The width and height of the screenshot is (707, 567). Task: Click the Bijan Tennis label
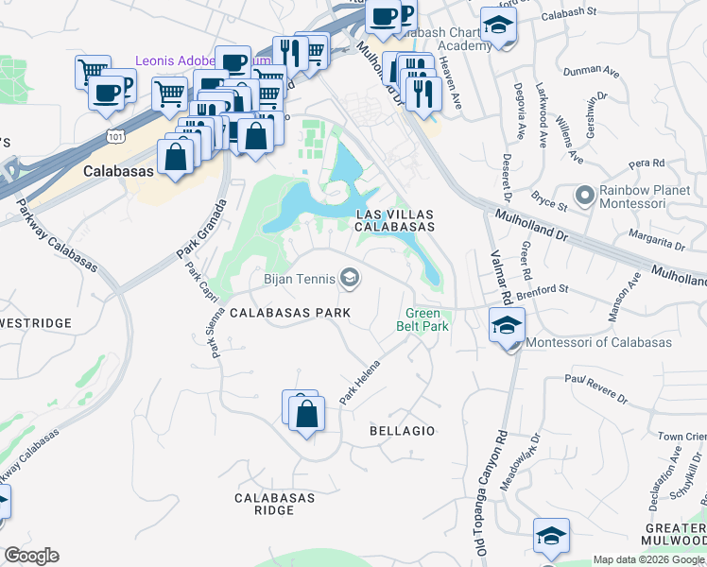(x=299, y=278)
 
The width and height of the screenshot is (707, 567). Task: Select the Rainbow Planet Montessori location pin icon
(x=585, y=196)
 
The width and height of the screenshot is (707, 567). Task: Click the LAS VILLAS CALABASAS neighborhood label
(x=395, y=220)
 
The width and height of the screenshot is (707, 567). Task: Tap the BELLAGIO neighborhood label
(x=402, y=431)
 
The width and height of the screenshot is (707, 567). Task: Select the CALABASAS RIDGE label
(x=265, y=504)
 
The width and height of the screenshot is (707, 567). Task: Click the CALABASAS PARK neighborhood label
(x=290, y=313)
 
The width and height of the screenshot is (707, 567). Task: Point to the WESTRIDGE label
(x=36, y=323)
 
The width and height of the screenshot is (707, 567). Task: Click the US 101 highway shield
(x=115, y=136)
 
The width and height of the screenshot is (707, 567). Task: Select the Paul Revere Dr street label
(x=597, y=387)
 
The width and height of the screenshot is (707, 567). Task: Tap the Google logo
(x=31, y=556)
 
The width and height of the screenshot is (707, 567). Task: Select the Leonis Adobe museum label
(x=175, y=60)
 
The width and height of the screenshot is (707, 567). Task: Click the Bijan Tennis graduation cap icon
(x=350, y=277)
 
